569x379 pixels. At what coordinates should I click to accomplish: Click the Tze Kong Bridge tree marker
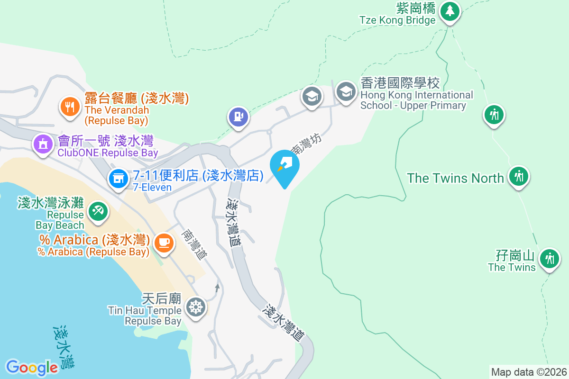[x=450, y=11]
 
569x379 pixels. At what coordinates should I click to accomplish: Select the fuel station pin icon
[x=239, y=117]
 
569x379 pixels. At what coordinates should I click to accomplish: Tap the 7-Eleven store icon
[x=118, y=178]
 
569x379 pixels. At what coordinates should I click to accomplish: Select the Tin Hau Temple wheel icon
[x=195, y=307]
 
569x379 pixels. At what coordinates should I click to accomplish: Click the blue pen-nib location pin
[x=284, y=166]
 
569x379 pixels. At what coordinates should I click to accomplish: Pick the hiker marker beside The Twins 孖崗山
[x=550, y=259]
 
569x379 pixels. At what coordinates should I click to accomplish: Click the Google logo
[x=32, y=367]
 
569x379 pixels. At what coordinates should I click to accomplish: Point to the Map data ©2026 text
[x=529, y=372]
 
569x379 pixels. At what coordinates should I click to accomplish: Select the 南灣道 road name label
[x=195, y=244]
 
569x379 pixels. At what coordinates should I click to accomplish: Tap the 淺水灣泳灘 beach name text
[x=50, y=203]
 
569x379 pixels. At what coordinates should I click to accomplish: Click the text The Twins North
[x=455, y=178]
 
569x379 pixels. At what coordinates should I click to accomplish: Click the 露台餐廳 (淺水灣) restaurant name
[x=137, y=98]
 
